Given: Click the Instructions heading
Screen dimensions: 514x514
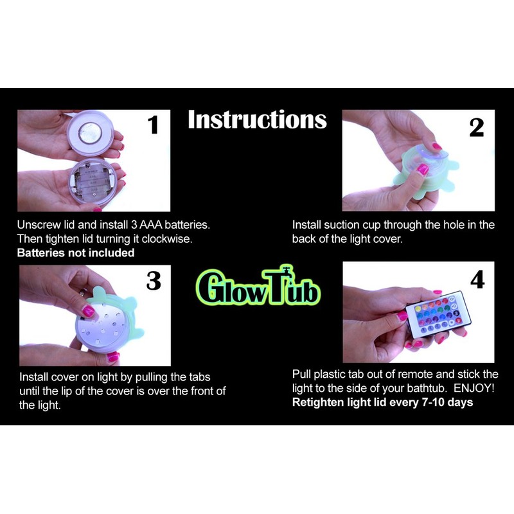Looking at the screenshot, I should coord(257,120).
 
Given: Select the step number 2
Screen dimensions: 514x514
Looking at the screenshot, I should coord(476,128).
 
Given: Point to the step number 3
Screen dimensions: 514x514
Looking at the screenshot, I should coord(154,281).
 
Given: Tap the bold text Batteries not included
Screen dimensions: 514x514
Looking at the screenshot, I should coord(76,253).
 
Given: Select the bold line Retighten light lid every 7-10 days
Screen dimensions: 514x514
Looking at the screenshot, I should coord(382,402).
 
